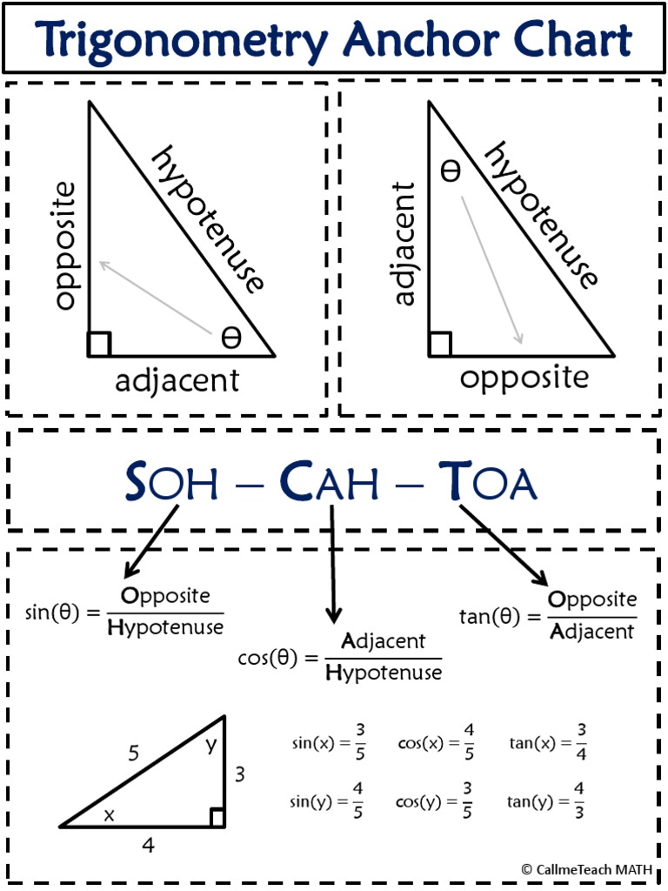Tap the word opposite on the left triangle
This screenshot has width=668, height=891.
coord(66,245)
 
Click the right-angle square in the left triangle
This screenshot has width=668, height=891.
coord(99,345)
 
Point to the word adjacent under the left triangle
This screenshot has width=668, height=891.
coord(177,380)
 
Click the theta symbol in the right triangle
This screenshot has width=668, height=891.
coord(450,171)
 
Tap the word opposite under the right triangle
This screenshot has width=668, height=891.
coord(524,378)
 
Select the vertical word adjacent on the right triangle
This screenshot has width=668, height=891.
coord(404,244)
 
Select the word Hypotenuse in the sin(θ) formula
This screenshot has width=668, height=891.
coord(165,626)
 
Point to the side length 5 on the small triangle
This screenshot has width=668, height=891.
coord(134,754)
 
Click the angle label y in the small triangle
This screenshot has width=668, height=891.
coord(210,744)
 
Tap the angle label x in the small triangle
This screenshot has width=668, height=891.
coord(109,814)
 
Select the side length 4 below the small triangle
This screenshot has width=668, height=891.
coord(149,844)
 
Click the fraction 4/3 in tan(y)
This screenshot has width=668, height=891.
coord(578,801)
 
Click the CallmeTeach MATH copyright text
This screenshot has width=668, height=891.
coord(586,868)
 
